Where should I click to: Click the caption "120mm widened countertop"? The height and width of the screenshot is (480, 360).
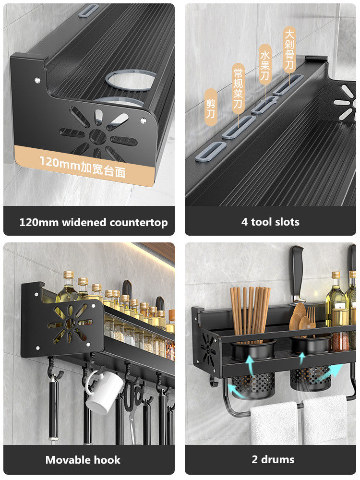pos(94,222)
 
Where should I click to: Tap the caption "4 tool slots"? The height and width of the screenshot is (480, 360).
pos(270,222)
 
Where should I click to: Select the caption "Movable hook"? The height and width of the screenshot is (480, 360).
pos(83,460)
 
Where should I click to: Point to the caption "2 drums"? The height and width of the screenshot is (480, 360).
pos(273,459)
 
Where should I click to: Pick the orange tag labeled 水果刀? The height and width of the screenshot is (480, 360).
pos(265,64)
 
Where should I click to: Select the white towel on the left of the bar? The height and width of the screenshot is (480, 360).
pos(274,422)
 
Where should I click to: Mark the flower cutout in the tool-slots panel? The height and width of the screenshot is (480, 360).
pos(344,102)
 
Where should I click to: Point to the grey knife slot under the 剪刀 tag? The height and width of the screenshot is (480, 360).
pos(209,150)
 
